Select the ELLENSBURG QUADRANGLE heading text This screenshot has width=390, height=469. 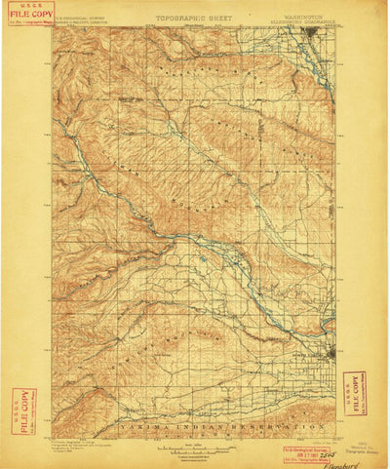305,21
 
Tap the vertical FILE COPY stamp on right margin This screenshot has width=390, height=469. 355,392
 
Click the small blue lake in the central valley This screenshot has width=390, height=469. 200,258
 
